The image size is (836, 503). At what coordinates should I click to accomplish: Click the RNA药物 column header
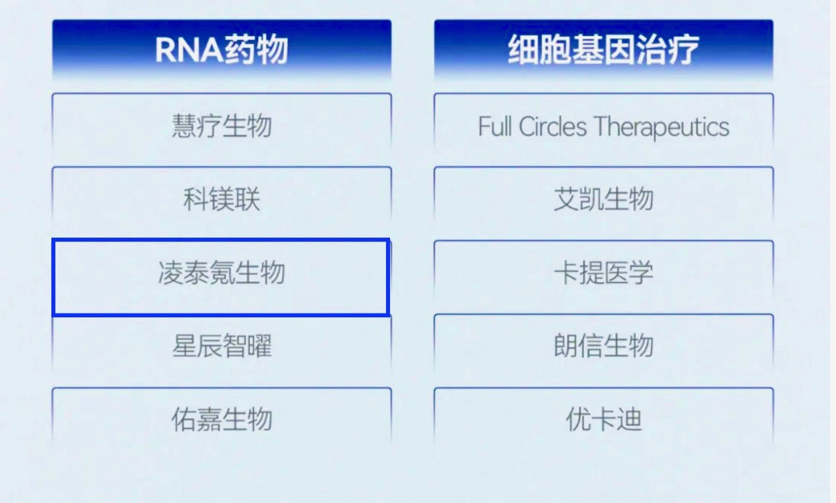(222, 49)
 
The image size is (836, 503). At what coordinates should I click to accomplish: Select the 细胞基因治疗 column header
(603, 49)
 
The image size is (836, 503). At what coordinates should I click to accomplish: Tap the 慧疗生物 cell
(222, 126)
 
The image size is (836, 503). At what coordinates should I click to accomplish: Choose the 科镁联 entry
(222, 199)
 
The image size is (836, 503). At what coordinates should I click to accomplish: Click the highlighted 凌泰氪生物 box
(221, 277)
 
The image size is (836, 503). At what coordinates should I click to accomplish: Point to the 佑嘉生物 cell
(222, 419)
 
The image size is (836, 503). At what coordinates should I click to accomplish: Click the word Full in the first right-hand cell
(495, 126)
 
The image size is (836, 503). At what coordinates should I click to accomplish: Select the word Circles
(553, 126)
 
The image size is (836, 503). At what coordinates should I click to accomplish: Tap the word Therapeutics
(661, 127)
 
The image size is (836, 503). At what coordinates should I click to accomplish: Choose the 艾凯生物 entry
(603, 199)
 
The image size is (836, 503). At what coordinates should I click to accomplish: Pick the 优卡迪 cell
(603, 419)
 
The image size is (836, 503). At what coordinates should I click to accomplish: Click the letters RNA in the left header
(189, 50)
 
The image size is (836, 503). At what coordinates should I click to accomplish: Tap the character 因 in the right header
(620, 49)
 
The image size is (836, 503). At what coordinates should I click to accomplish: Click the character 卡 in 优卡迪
(603, 419)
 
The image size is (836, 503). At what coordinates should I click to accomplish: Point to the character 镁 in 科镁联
(222, 199)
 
